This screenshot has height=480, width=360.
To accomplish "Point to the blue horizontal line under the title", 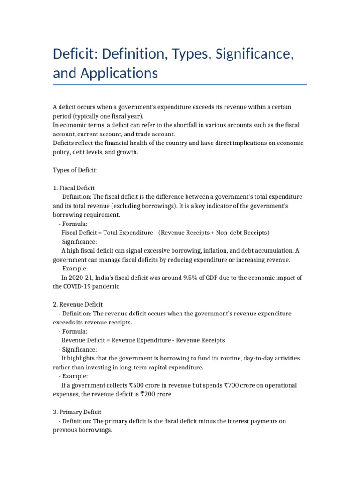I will coord(180,85).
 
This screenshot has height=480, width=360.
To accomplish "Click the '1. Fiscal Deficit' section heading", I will coord(74,188).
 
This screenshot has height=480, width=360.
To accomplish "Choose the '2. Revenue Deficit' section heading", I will coord(78,304).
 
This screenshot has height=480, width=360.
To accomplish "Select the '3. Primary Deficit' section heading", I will coord(77,412).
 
